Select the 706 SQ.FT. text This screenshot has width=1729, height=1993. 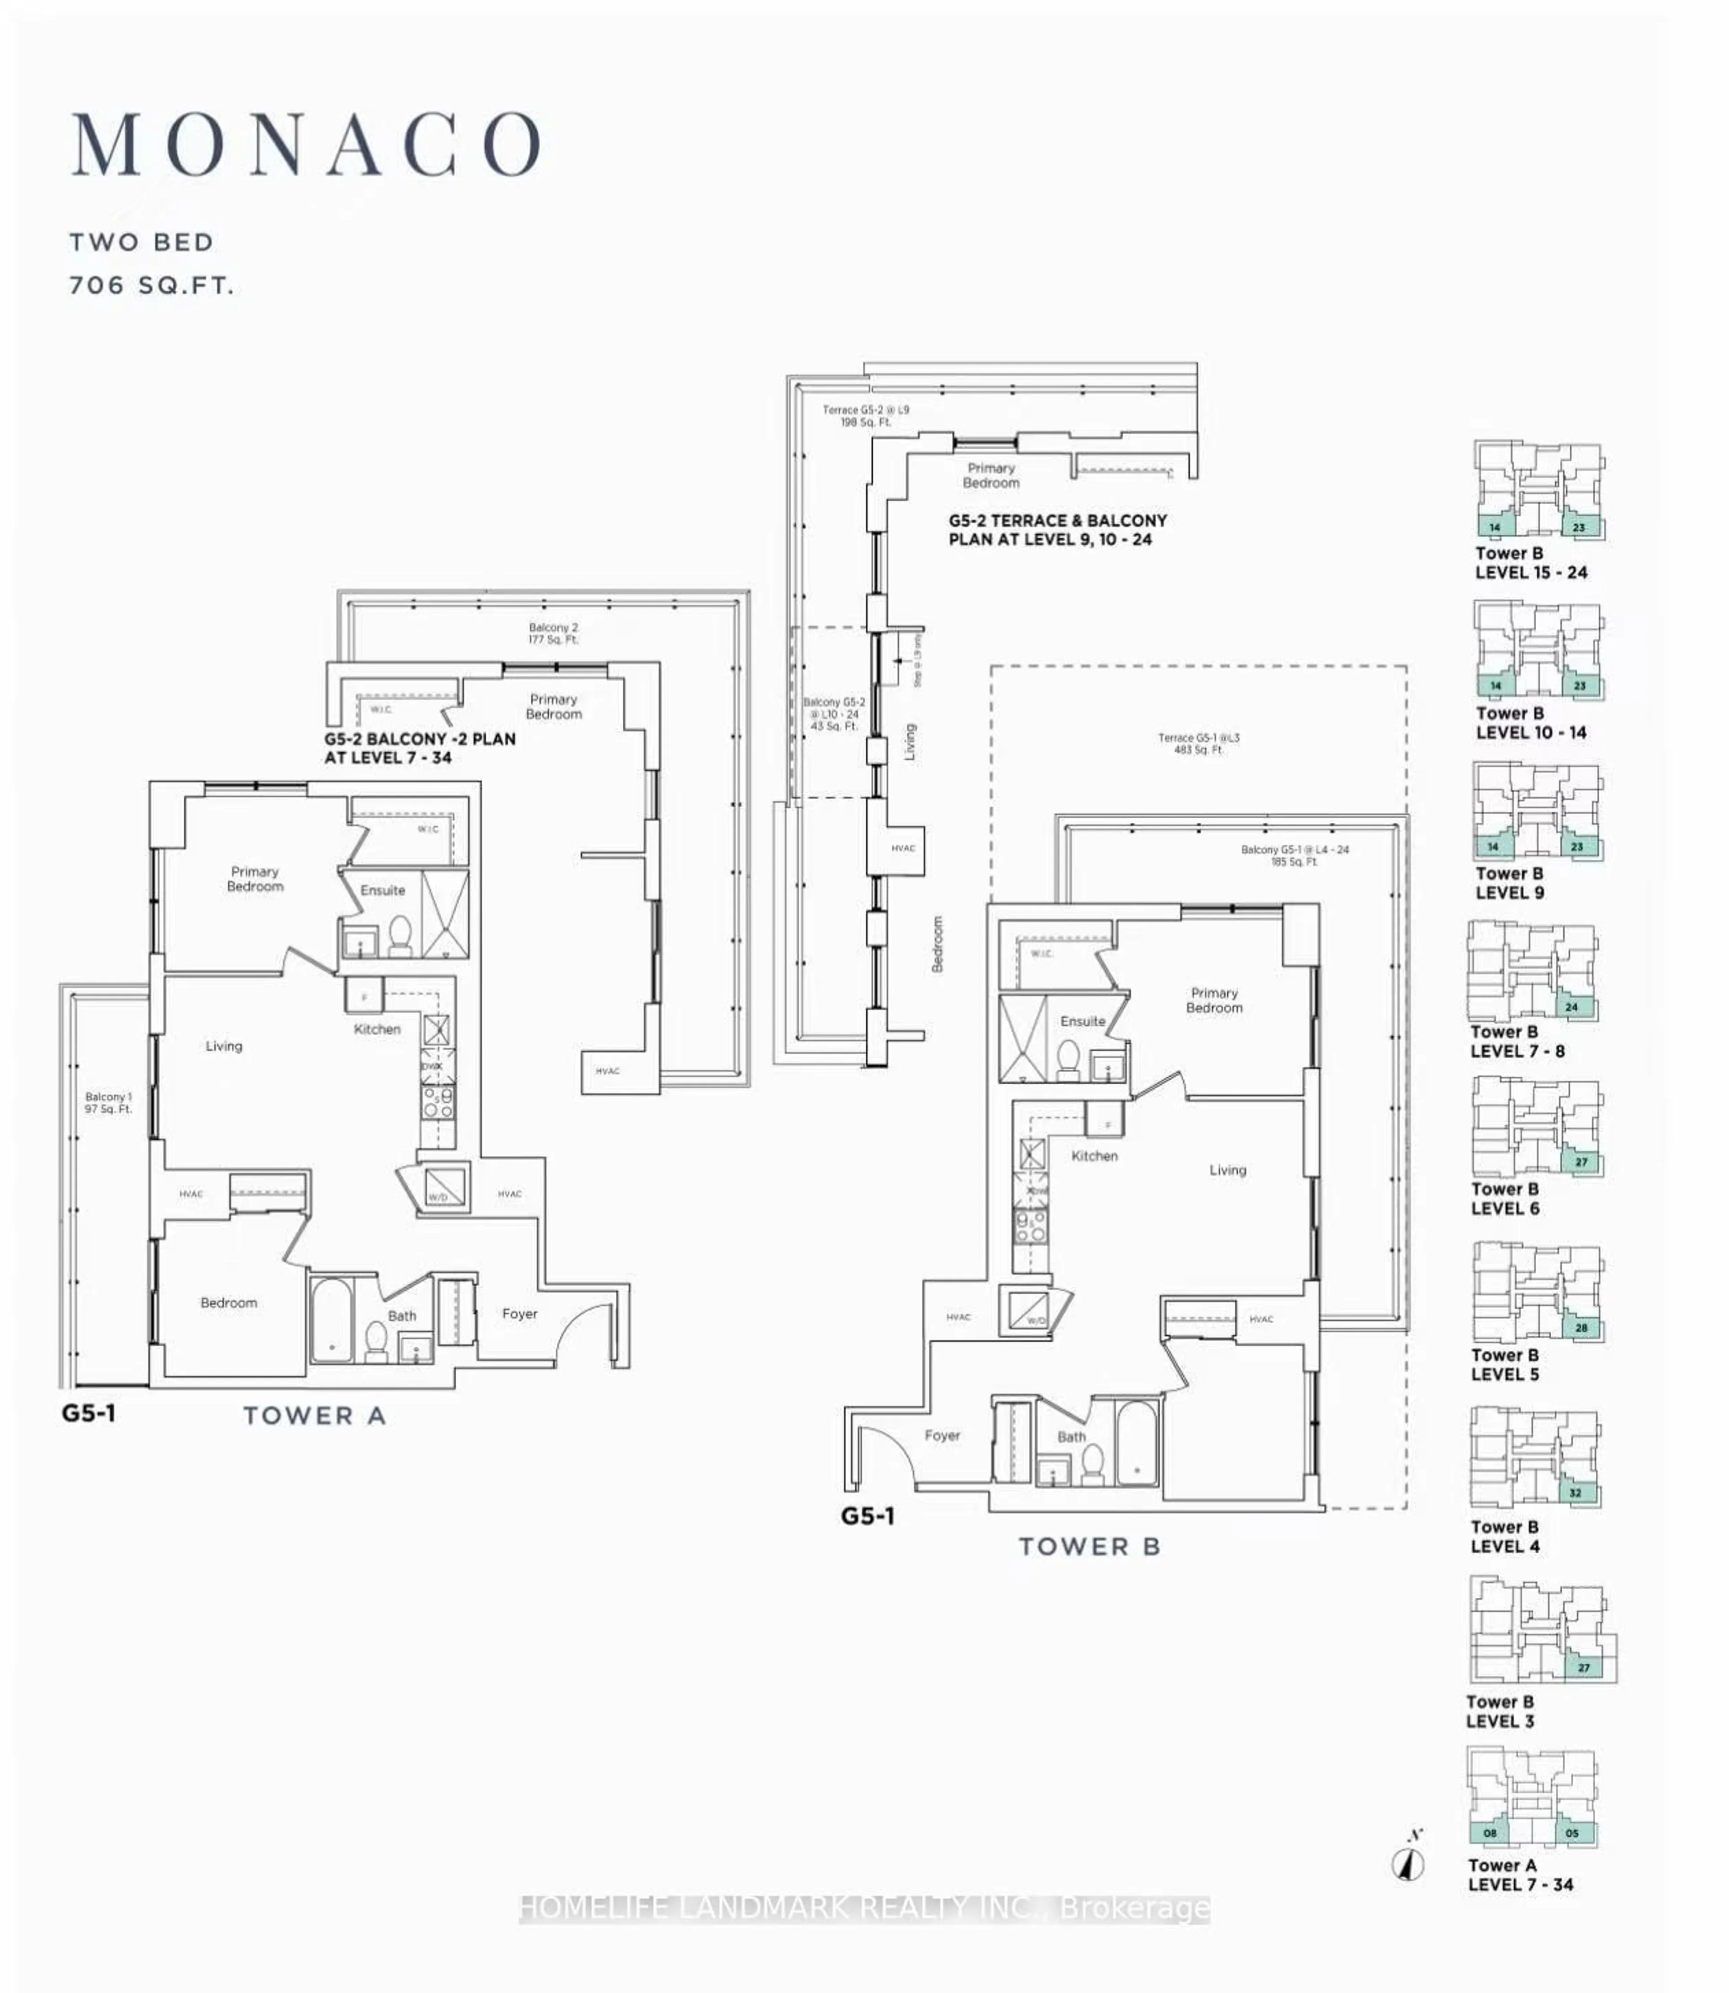coord(151,287)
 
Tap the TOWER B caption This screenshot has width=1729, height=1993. coord(1089,1547)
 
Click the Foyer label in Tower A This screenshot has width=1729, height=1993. coord(519,1314)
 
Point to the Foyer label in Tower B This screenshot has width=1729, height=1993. coord(941,1435)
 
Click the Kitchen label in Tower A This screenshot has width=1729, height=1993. coord(376,1029)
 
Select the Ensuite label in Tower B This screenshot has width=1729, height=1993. coord(1082,1022)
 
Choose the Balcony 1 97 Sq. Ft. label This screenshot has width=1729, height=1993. coord(108,1103)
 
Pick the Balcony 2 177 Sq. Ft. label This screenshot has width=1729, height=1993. coord(553,634)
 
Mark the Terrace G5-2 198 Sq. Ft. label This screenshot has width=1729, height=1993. coord(865,416)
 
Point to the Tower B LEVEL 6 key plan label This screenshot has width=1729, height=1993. coord(1504,1199)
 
